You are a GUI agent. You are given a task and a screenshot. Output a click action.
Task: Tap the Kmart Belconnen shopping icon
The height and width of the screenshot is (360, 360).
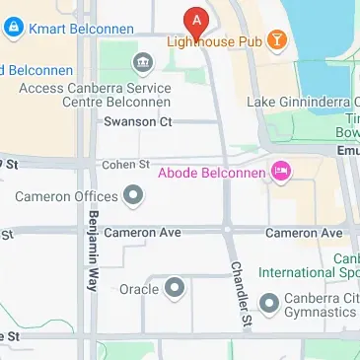pos(14,29)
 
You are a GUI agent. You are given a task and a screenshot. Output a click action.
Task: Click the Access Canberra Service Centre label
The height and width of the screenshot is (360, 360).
pos(95,96)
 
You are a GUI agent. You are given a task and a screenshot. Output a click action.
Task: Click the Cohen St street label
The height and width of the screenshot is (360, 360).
pos(125,164)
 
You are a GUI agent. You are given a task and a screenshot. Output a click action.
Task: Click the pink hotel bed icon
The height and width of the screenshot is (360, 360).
pos(282,173)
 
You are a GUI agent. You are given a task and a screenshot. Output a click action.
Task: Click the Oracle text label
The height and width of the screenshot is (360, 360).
pos(138,288)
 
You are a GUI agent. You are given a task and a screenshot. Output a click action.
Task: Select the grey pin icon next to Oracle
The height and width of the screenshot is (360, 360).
pos(176,288)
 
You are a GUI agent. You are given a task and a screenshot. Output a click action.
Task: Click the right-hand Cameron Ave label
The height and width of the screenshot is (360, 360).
pos(304,233)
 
